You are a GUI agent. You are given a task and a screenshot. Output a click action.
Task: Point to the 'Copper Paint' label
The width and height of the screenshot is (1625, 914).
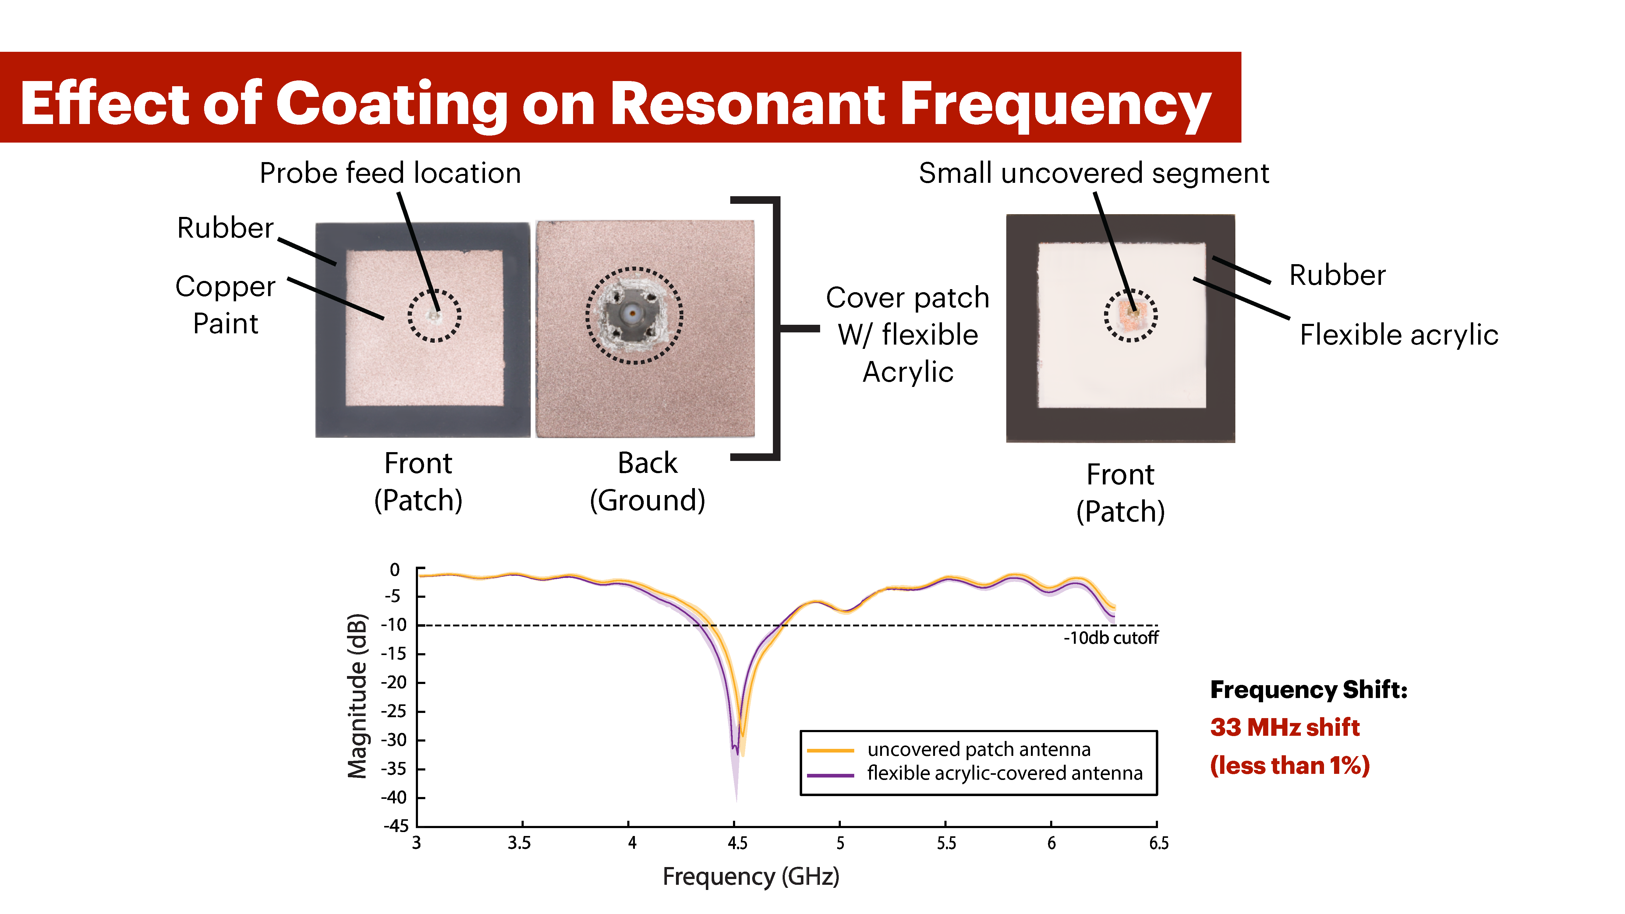click(225, 305)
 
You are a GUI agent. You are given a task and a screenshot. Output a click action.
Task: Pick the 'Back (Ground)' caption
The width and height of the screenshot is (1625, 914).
click(647, 481)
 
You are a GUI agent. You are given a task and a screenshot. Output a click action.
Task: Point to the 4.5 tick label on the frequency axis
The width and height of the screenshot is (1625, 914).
click(737, 843)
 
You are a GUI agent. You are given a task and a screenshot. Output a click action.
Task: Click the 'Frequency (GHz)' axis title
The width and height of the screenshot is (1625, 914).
click(751, 876)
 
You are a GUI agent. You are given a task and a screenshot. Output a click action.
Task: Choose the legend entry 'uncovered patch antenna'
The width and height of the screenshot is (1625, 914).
click(979, 749)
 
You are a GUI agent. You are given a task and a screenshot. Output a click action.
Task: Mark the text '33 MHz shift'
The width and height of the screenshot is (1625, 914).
click(1284, 727)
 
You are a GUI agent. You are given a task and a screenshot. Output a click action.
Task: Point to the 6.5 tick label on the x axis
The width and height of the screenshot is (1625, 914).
click(1158, 843)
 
